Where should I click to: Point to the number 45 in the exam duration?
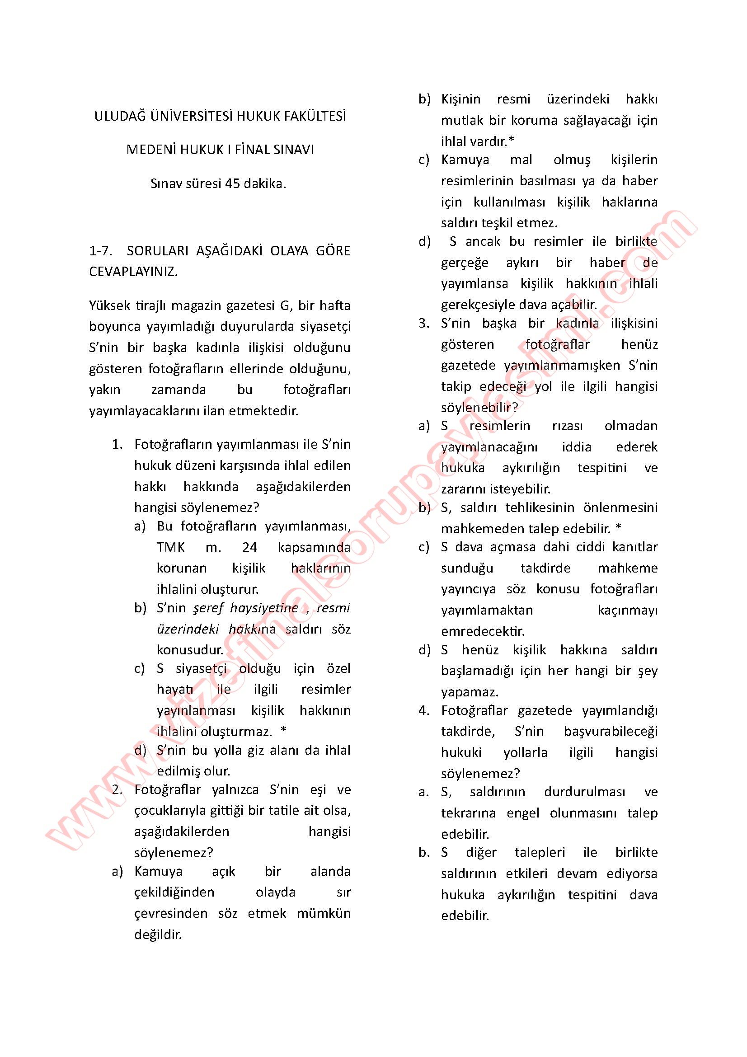[x=233, y=183]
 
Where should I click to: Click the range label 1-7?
[x=101, y=251]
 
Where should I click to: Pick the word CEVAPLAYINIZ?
[x=133, y=272]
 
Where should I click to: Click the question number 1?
[x=117, y=445]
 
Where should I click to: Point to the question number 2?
[x=117, y=790]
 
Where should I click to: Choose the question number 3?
[x=424, y=323]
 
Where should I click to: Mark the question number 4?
[x=424, y=710]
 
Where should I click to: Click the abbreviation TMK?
[x=171, y=547]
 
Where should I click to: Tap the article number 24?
[x=249, y=547]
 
